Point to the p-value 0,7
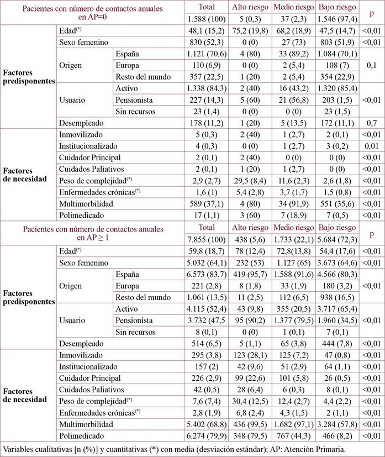[x=370, y=123]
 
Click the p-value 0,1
[x=370, y=65]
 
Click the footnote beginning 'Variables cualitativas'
[x=174, y=448]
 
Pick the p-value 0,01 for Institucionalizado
[x=370, y=146]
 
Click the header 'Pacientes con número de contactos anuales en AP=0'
[x=92, y=13]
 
